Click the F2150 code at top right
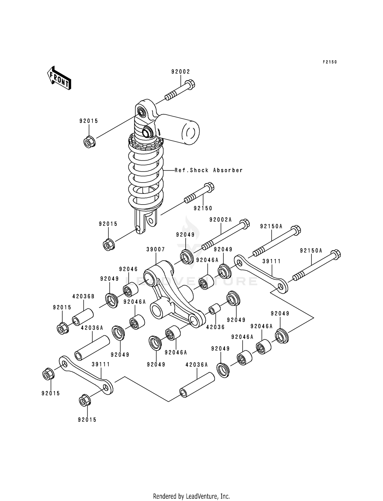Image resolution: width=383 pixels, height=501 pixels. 330,62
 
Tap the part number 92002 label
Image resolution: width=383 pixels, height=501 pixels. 181,72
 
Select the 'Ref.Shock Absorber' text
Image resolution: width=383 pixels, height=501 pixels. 209,170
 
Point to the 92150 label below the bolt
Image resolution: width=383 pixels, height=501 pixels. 203,208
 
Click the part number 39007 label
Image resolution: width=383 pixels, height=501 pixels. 155,249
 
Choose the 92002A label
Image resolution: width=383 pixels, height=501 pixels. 220,220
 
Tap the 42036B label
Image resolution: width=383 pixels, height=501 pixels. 83,296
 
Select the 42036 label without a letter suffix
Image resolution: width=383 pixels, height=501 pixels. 215,327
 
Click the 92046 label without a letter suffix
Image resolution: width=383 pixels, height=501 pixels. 128,269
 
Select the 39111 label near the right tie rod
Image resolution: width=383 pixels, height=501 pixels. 272,261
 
